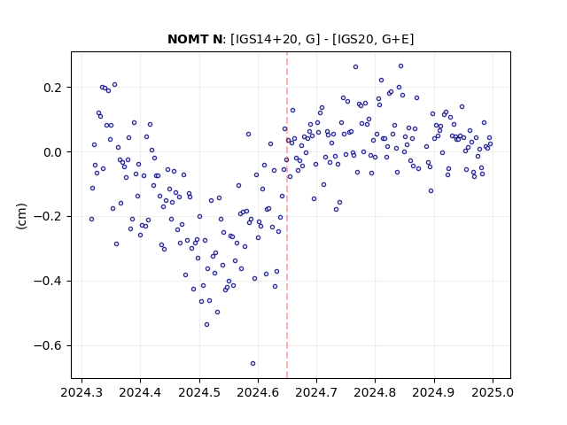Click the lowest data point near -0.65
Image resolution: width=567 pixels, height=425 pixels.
[252, 363]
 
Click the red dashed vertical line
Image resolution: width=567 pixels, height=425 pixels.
[287, 215]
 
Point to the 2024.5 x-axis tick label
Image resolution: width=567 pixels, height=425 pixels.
[199, 392]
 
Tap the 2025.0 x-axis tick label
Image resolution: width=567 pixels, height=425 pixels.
[493, 392]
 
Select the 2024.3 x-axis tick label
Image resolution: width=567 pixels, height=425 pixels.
[82, 392]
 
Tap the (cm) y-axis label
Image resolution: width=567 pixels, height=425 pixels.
[21, 216]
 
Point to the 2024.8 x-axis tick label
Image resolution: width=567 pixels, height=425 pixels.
[375, 392]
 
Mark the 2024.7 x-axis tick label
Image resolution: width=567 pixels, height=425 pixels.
[316, 392]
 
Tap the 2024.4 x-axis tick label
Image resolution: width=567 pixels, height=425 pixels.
[140, 392]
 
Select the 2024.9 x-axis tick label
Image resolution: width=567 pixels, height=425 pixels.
[433, 392]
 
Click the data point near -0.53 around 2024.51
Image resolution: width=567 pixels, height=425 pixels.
[206, 325]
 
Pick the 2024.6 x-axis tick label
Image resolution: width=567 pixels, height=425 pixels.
[258, 392]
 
